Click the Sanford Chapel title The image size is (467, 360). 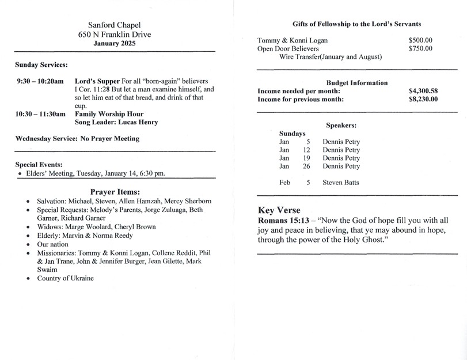coord(115,25)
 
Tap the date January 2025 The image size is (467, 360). coord(115,43)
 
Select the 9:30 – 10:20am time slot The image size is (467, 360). coord(40,81)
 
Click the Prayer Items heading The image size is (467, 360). coord(115,191)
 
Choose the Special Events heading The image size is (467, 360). coord(39,164)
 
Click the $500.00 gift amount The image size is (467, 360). coord(420,40)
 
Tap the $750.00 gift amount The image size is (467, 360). coord(420,48)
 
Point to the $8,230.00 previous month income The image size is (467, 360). coord(423,99)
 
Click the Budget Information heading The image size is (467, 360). coord(356,82)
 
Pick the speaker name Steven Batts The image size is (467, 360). coord(341,183)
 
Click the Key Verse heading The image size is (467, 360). coord(279,210)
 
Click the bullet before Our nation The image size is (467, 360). coord(28,244)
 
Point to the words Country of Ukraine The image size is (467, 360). coord(65,278)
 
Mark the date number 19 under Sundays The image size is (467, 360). coord(306,158)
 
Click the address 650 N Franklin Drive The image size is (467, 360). coord(115,35)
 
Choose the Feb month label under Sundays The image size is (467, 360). coord(284,183)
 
